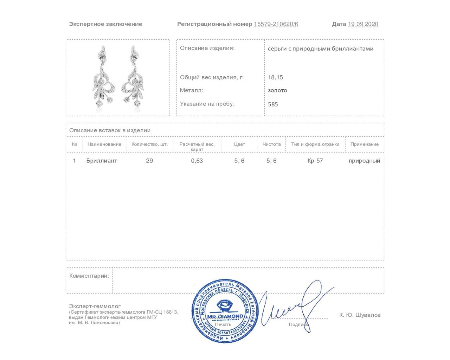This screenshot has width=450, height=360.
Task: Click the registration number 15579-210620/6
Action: [276, 24]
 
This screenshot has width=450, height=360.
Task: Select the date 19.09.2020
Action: [363, 24]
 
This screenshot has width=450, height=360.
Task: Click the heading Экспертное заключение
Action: [105, 24]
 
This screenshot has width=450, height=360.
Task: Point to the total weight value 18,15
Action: [275, 77]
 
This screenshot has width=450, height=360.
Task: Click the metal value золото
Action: [277, 90]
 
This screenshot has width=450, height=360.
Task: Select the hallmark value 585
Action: [273, 104]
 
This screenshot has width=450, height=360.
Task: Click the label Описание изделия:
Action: [207, 48]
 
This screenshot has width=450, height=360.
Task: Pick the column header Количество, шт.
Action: [149, 144]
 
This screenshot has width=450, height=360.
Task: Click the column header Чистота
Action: [271, 144]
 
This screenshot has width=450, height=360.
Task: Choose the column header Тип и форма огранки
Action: [315, 144]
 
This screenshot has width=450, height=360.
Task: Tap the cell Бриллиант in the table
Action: [102, 161]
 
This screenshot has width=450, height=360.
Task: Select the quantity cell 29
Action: [149, 161]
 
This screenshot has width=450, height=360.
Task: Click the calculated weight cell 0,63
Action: [197, 161]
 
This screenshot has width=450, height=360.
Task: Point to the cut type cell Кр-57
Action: [315, 161]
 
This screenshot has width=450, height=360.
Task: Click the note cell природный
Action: [364, 161]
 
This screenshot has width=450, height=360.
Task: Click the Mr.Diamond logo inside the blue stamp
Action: [225, 309]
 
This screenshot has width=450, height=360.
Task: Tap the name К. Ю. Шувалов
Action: [360, 315]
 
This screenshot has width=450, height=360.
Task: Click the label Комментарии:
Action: [89, 276]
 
